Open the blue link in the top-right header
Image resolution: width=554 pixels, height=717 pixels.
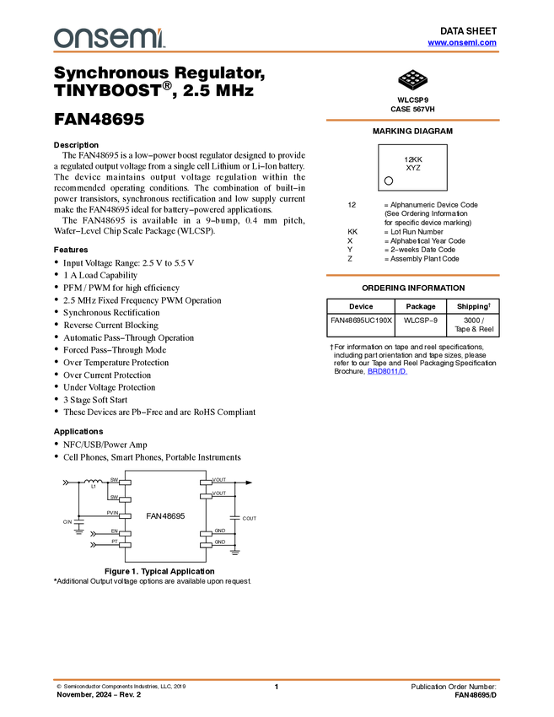(462, 43)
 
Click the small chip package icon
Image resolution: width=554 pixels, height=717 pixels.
(411, 77)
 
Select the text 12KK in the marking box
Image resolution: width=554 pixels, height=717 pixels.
(412, 159)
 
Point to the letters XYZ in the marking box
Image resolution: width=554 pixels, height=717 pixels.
(412, 168)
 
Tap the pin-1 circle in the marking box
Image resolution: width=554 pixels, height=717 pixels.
(389, 181)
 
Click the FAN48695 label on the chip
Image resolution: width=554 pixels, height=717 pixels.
(165, 515)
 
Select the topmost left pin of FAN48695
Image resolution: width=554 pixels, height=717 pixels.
(126, 482)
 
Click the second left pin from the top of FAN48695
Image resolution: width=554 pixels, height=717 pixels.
(126, 499)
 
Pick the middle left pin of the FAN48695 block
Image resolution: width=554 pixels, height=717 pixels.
(126, 516)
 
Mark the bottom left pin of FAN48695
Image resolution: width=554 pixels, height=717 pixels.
(126, 546)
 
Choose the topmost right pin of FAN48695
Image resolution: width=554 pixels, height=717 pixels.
(206, 482)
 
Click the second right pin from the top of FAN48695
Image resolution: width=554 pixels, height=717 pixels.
(206, 496)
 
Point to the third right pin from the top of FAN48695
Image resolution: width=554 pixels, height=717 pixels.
(206, 534)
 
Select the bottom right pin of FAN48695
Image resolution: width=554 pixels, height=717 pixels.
(206, 546)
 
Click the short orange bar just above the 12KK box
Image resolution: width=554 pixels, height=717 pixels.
(412, 120)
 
